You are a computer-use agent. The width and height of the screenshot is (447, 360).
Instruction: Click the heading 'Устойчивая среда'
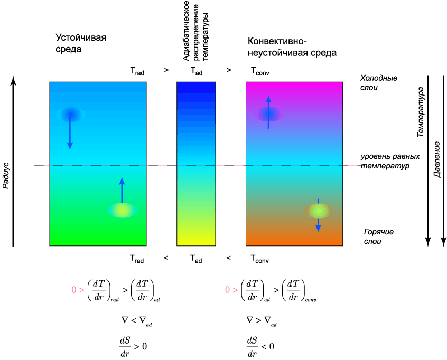[81, 43]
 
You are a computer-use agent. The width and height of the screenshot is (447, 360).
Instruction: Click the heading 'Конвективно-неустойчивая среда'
[292, 47]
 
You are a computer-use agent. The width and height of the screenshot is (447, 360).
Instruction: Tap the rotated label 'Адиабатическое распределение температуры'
[196, 31]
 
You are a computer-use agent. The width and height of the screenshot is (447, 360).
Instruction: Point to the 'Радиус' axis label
[6, 176]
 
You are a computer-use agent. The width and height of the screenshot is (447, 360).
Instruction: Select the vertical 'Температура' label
[420, 112]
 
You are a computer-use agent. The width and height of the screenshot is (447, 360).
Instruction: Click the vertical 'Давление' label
[436, 159]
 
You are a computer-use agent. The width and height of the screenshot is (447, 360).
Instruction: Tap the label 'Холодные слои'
[379, 82]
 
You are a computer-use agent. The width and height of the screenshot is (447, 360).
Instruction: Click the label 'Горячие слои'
[379, 236]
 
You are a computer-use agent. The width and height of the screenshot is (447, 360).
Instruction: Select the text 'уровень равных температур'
[390, 161]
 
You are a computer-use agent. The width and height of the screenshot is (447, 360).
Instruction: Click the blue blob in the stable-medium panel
[71, 115]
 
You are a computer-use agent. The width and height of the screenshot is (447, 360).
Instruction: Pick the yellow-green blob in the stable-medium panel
[122, 211]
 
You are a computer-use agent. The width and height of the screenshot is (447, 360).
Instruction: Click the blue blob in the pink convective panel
[268, 114]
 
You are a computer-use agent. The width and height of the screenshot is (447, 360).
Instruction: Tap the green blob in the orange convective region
[319, 211]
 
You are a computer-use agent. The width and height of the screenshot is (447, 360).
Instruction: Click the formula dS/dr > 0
[133, 347]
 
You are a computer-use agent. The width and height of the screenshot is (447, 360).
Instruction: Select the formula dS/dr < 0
[260, 347]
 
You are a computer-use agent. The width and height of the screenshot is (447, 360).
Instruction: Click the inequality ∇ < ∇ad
[136, 321]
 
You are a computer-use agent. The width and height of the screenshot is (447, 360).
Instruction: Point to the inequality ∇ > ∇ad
[262, 321]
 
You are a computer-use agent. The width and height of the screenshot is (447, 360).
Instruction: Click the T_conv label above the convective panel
[260, 71]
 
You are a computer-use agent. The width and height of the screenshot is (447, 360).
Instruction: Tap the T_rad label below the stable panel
[137, 259]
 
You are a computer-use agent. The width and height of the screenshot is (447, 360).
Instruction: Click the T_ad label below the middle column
[196, 259]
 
